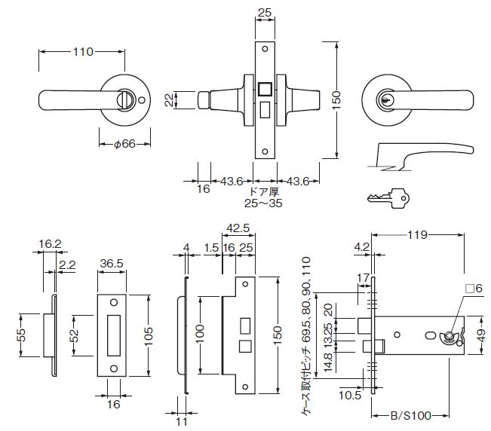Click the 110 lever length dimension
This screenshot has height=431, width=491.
[82, 52]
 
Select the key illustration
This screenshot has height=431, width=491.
[387, 198]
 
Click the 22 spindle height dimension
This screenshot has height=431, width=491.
[169, 100]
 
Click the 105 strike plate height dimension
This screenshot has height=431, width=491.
[148, 332]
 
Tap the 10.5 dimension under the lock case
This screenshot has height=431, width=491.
[348, 394]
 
